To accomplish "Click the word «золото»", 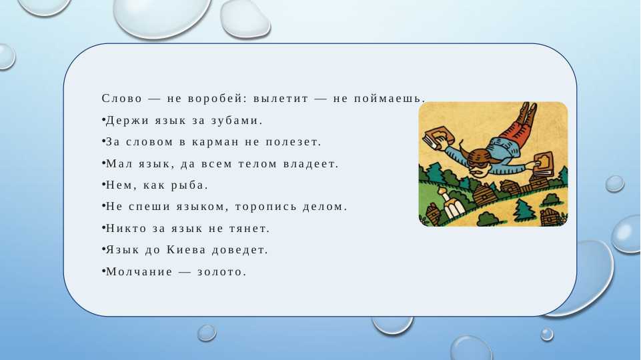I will pos(221,272).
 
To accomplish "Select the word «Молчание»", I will pos(137,272).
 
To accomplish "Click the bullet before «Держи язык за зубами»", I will pos(104,121).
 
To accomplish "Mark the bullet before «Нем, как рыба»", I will pos(104,185).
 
